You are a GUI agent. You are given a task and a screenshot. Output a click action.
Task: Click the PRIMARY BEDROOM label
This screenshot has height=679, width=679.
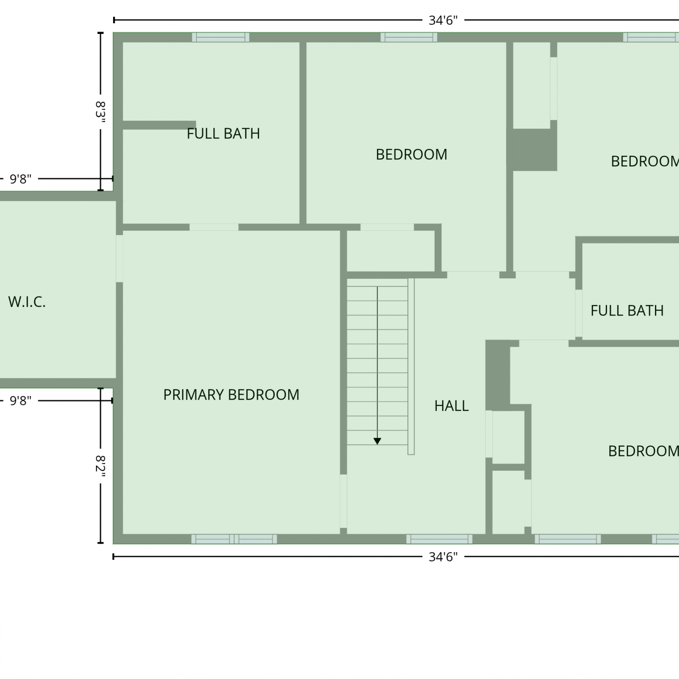pyautogui.click(x=231, y=395)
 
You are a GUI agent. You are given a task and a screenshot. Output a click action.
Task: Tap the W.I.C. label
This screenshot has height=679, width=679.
pyautogui.click(x=27, y=302)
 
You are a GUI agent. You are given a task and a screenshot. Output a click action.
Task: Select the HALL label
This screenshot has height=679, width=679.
pyautogui.click(x=451, y=406)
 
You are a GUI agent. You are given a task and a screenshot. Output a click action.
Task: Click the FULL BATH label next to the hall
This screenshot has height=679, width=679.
pyautogui.click(x=627, y=311)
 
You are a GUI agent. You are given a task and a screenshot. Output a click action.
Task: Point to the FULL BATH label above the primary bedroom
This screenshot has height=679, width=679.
pyautogui.click(x=223, y=134)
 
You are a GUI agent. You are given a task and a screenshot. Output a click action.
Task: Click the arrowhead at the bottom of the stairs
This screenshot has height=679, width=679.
pyautogui.click(x=377, y=441)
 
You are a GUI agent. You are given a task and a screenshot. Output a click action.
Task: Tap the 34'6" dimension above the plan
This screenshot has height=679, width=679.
pyautogui.click(x=443, y=20)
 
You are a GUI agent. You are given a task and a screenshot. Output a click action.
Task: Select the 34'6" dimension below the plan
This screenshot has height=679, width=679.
pyautogui.click(x=443, y=557)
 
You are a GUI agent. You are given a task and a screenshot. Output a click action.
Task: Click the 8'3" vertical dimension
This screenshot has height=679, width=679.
pyautogui.click(x=100, y=113)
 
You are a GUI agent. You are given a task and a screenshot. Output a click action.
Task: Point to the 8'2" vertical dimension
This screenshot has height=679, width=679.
pyautogui.click(x=100, y=467)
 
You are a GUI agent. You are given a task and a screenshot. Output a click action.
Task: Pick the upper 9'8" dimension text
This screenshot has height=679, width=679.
pyautogui.click(x=21, y=179)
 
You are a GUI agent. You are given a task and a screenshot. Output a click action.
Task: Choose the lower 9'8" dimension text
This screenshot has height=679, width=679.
pyautogui.click(x=21, y=401)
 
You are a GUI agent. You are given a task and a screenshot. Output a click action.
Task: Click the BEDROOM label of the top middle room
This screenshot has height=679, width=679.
pyautogui.click(x=411, y=154)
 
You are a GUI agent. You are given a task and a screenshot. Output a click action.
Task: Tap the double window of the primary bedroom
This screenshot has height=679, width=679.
pyautogui.click(x=234, y=539)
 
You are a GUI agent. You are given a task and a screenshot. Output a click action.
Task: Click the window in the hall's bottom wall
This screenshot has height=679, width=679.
pyautogui.click(x=439, y=539)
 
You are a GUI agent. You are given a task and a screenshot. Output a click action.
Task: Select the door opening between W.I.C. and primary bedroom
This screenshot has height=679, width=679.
pyautogui.click(x=120, y=258)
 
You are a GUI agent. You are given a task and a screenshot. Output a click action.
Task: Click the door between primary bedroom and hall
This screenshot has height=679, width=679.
pyautogui.click(x=344, y=501)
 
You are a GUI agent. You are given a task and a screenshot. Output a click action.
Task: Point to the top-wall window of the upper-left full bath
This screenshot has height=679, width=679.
pyautogui.click(x=220, y=37)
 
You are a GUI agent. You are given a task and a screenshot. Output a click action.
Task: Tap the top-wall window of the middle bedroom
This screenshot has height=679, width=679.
pyautogui.click(x=409, y=37)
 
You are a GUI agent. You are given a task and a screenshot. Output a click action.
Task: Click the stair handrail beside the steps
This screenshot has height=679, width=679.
pyautogui.click(x=411, y=367)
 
